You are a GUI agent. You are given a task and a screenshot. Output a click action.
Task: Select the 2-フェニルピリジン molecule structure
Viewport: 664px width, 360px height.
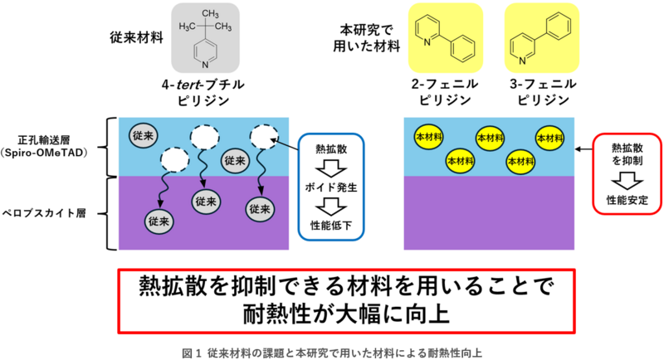446,37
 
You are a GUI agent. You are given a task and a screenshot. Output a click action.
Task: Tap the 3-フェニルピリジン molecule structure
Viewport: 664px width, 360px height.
542,37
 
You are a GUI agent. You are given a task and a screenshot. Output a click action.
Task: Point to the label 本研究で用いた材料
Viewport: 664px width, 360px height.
364,36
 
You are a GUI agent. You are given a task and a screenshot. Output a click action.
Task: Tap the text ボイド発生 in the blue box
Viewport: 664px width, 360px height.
330,188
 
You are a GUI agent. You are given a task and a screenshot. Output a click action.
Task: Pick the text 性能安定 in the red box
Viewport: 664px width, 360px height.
627,200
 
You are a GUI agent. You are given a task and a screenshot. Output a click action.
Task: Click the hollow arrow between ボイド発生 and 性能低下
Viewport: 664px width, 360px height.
330,207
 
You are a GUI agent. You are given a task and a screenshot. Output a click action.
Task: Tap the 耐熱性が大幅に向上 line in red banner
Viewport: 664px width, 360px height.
332,314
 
